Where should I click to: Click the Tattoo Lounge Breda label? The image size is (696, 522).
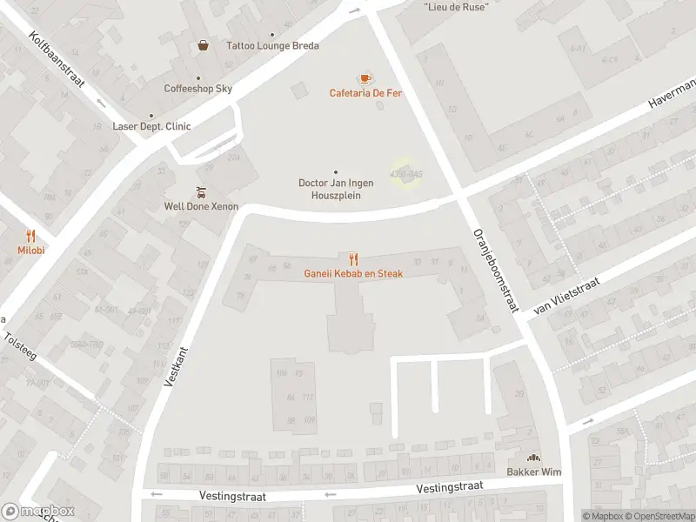[272, 46]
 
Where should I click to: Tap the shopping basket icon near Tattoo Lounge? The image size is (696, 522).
[203, 45]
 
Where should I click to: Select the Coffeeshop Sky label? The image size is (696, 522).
[198, 89]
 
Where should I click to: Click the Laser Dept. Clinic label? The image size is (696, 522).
[151, 126]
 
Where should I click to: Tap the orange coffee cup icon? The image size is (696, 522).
[365, 78]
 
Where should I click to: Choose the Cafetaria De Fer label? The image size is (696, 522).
[365, 93]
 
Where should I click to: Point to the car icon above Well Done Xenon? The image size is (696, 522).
[201, 192]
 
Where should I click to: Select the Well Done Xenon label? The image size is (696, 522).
[201, 207]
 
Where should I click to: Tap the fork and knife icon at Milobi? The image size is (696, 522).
[30, 236]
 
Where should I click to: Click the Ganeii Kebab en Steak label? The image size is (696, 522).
[353, 274]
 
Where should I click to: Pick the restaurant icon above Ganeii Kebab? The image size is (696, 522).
[353, 259]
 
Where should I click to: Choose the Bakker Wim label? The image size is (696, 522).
[533, 472]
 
